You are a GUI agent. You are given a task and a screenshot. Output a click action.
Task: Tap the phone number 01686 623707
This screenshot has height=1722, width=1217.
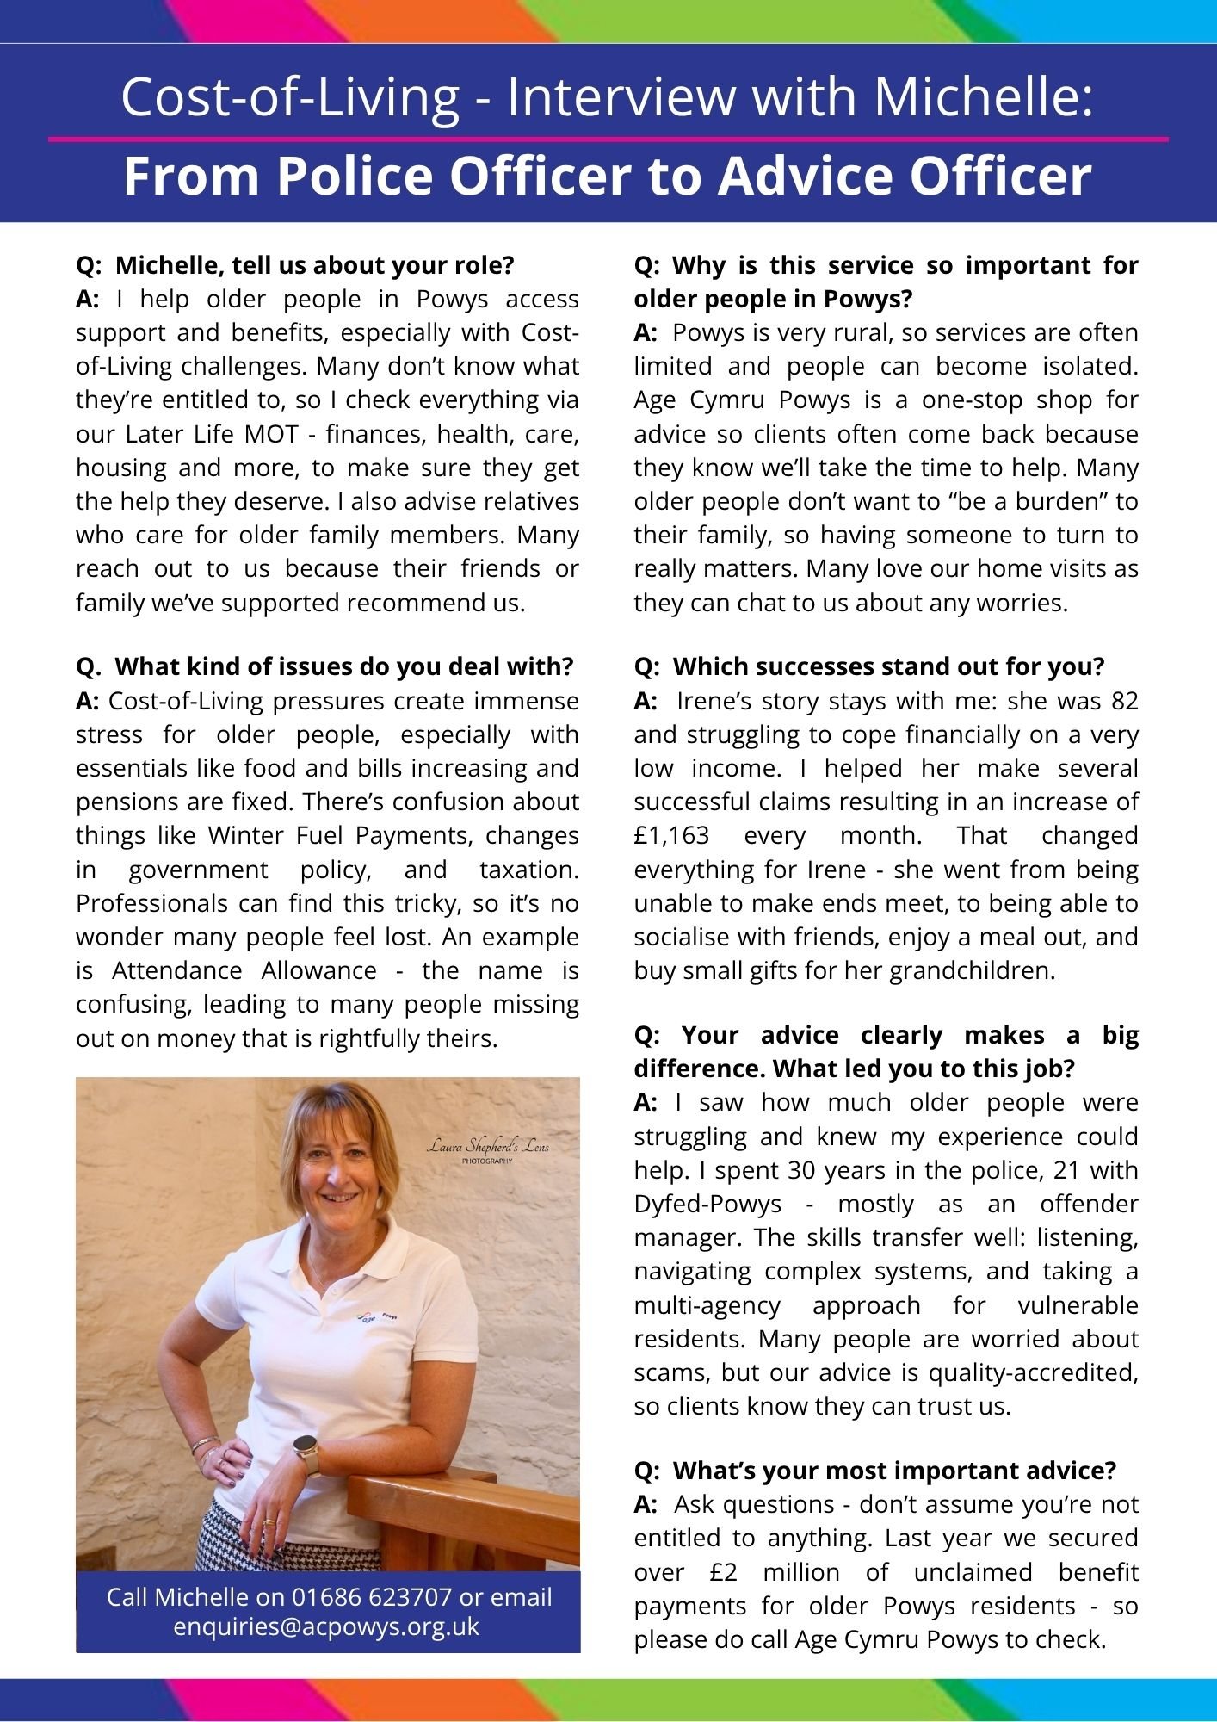(372, 1597)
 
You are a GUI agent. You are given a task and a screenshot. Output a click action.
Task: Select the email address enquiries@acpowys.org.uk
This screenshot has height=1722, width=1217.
(326, 1627)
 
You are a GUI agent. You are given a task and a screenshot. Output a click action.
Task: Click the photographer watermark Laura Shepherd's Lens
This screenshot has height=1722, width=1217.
(487, 1148)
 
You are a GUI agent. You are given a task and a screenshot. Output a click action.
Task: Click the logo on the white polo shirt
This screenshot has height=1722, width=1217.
(379, 1316)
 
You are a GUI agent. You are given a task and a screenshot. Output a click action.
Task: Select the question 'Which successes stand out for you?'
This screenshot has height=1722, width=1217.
(888, 666)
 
